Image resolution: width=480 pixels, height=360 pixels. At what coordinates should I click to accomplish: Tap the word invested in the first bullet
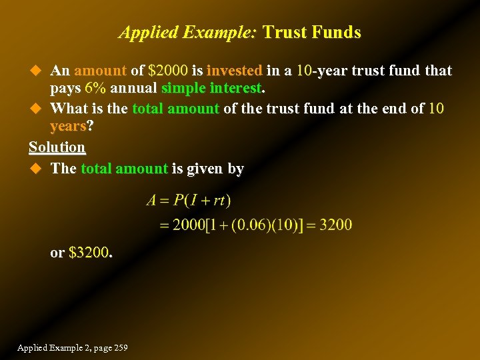coord(235,71)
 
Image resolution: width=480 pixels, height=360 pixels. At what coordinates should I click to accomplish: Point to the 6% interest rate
coord(96,89)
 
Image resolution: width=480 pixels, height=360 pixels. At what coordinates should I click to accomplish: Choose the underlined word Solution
coord(57,147)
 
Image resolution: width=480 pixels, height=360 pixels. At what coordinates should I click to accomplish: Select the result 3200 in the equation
coord(335,225)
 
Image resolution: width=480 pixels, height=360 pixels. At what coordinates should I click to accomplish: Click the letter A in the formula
coord(152,200)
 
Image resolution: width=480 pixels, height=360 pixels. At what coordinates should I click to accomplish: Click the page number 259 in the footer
coord(120,348)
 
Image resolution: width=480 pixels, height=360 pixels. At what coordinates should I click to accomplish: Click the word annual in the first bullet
coord(133,89)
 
